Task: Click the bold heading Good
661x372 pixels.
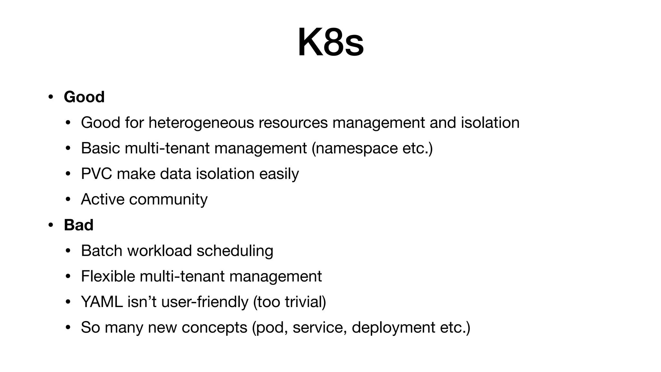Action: click(x=84, y=97)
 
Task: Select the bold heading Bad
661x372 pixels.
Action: click(x=79, y=225)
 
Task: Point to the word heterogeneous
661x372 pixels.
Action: click(x=201, y=123)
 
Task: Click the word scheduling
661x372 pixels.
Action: click(x=235, y=251)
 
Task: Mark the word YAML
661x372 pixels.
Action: click(x=102, y=302)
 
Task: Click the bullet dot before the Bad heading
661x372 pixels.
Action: click(x=50, y=225)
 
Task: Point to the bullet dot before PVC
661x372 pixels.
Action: click(x=68, y=174)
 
